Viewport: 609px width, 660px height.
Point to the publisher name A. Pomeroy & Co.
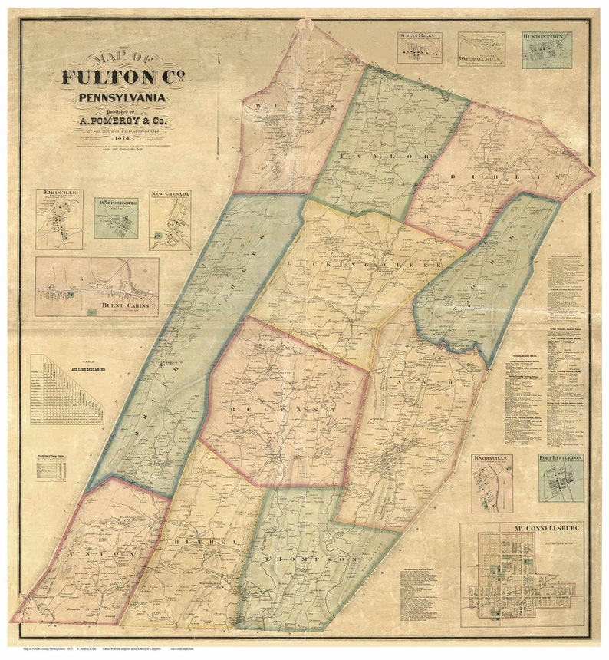[x=123, y=120]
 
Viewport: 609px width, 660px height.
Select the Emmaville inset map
[x=59, y=219]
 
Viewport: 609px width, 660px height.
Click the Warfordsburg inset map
[x=116, y=219]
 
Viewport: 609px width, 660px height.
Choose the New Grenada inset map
[x=170, y=221]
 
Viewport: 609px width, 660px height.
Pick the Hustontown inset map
[x=547, y=51]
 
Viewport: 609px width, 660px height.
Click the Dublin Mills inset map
[x=420, y=48]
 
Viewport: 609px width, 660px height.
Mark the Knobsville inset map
[x=492, y=483]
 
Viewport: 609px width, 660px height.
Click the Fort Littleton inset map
[x=560, y=477]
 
